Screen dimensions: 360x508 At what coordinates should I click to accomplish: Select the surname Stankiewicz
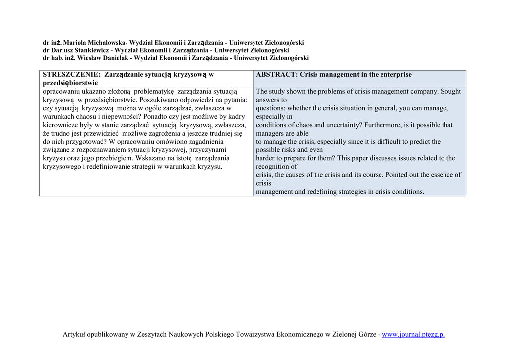[x=92, y=50]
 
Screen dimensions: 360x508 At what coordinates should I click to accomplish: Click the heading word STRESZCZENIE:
[x=71, y=74]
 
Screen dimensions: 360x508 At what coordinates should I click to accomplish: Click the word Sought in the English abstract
[x=450, y=91]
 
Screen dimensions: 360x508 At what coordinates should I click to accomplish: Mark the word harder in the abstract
[x=266, y=158]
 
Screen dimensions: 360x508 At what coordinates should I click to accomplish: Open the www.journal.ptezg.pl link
[x=413, y=334]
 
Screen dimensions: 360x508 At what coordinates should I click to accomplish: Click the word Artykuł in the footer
[x=74, y=334]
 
